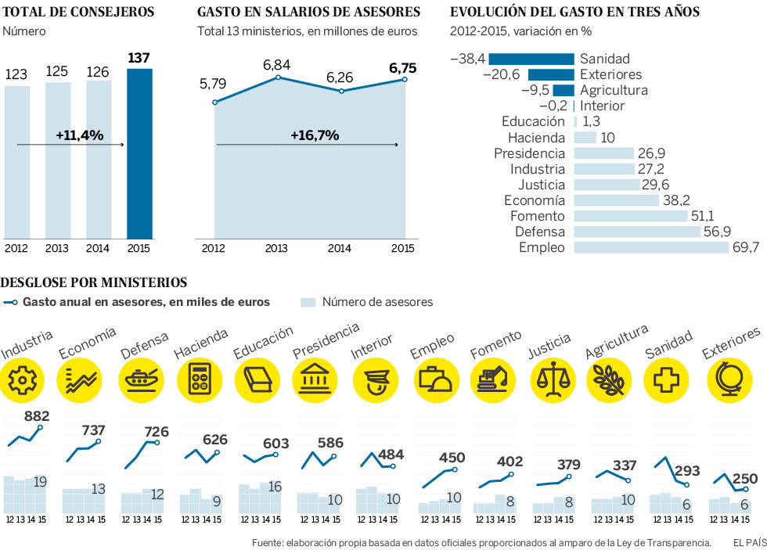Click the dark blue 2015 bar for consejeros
click(x=139, y=153)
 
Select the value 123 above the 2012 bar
click(x=17, y=74)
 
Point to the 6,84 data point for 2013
click(x=278, y=77)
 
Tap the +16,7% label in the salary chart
click(x=314, y=135)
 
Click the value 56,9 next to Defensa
click(x=717, y=232)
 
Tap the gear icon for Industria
click(x=23, y=379)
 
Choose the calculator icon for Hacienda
click(x=200, y=379)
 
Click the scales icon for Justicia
click(x=552, y=379)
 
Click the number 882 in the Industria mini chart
click(x=38, y=416)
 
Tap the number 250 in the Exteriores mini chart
click(x=746, y=479)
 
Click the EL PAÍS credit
click(x=749, y=542)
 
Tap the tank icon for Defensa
click(x=141, y=379)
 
